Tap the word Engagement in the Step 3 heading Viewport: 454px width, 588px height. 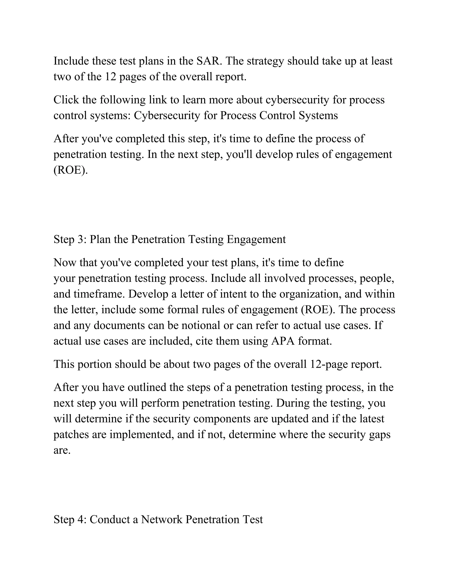pos(256,239)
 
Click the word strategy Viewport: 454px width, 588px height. pos(265,61)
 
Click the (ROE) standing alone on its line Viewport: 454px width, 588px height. pos(70,170)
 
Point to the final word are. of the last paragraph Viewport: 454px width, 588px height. pos(62,450)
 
